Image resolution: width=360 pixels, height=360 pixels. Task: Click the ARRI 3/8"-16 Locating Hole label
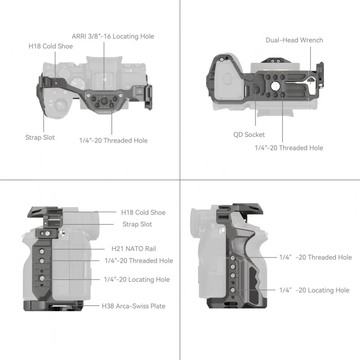pos(113,37)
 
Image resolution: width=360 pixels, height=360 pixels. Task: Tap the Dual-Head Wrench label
pos(294,40)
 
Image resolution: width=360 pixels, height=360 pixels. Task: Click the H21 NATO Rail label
pos(134,249)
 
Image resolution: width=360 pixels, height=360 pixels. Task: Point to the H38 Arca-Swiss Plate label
pos(133,306)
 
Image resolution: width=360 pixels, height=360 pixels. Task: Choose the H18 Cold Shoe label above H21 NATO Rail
pos(143,212)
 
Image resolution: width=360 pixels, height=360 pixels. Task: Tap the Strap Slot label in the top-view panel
pos(40,137)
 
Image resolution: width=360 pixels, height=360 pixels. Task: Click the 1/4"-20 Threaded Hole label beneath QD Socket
pos(289,148)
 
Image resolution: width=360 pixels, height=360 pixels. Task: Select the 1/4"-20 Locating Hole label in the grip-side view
pos(314,291)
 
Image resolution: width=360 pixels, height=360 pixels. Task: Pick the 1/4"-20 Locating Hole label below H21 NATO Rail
pos(137,280)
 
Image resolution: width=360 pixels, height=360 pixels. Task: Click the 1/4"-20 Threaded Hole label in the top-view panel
pos(113,140)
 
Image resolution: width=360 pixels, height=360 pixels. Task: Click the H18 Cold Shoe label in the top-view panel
pos(50,46)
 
